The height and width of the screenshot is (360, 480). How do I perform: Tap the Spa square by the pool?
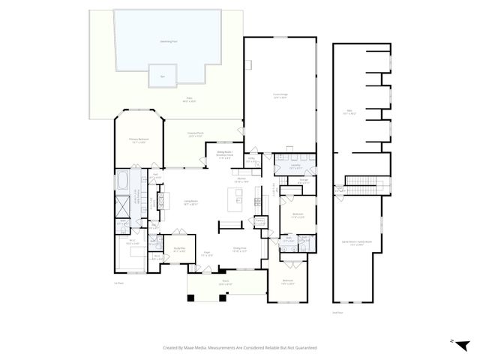(163, 76)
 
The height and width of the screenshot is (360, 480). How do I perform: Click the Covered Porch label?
(196, 134)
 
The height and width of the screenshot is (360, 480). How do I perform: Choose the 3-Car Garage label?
(280, 94)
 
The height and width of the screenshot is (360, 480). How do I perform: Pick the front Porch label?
(226, 283)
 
